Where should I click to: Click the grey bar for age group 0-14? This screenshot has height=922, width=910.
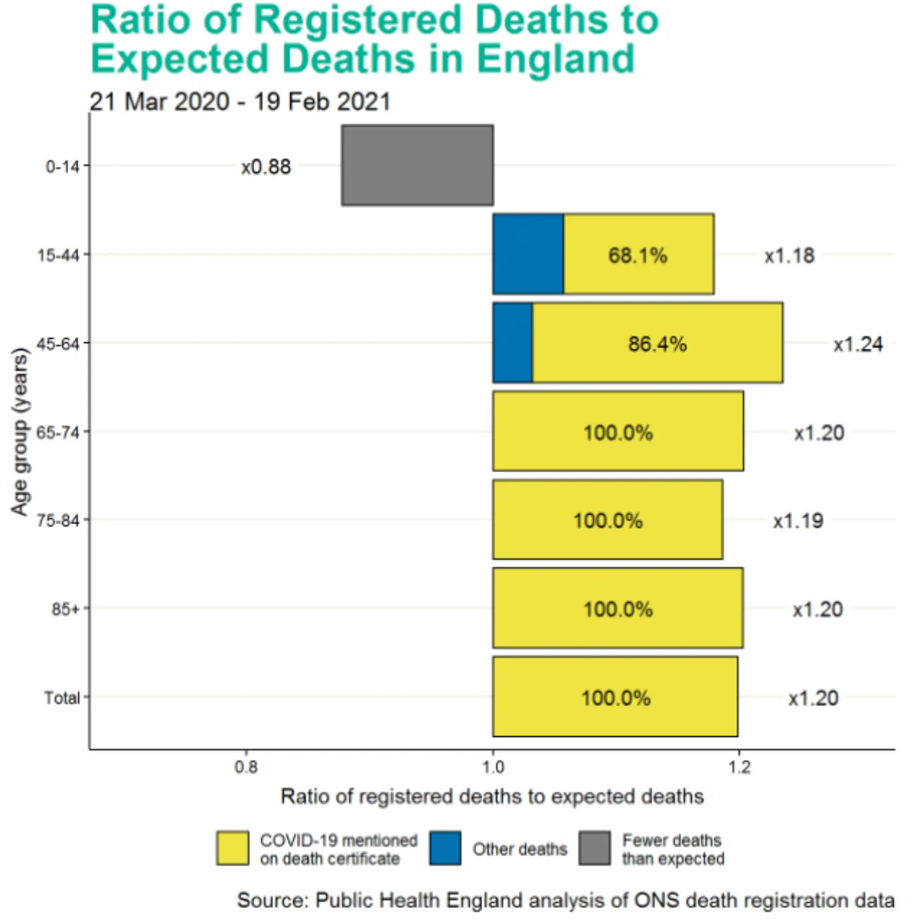[x=417, y=165]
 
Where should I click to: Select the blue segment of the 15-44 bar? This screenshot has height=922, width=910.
[x=528, y=254]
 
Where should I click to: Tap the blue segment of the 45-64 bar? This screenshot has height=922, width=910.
[x=513, y=343]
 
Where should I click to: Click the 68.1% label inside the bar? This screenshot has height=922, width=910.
[x=638, y=256]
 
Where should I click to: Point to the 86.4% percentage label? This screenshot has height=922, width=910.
[x=657, y=344]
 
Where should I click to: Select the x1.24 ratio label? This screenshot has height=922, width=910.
[x=858, y=344]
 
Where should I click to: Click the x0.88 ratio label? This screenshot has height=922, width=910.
[x=266, y=166]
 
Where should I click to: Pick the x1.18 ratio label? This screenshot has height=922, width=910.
[x=789, y=256]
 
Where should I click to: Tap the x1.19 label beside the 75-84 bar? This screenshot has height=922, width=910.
[x=798, y=521]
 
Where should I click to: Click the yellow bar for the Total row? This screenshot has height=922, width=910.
[x=615, y=697]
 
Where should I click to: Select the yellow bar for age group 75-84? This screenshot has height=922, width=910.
[x=607, y=520]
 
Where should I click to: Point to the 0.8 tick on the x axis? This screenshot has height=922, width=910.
[x=246, y=767]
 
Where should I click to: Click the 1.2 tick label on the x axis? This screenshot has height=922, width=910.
[x=739, y=767]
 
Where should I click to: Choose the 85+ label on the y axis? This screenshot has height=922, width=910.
[x=65, y=609]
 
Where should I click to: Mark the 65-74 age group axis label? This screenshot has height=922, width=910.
[x=58, y=432]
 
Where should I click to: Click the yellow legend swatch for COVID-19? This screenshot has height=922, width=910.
[x=232, y=848]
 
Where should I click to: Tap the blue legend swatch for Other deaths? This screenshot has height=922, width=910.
[x=445, y=848]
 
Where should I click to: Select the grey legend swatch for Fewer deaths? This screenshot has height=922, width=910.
[x=595, y=848]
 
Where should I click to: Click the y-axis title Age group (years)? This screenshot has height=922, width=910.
[x=19, y=432]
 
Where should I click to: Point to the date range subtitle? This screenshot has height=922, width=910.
[x=240, y=101]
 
